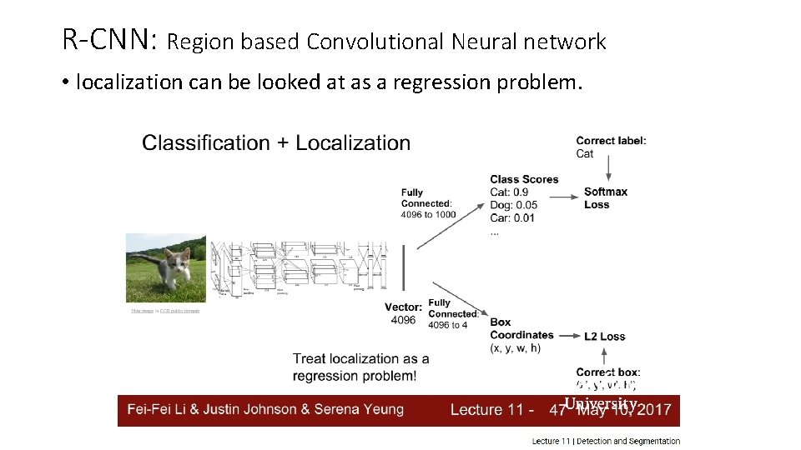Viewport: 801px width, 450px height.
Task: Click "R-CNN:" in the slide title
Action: [x=109, y=39]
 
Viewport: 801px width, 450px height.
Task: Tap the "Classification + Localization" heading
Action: [x=276, y=142]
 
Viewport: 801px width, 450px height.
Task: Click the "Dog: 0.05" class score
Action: [x=514, y=205]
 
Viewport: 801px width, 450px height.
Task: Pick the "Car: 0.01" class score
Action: [x=512, y=218]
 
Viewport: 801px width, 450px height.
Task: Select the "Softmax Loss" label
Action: [x=605, y=198]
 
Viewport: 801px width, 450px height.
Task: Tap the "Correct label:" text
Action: [x=611, y=141]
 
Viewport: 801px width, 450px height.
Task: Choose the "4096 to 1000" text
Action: [x=428, y=215]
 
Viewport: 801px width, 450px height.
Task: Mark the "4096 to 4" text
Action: [x=448, y=325]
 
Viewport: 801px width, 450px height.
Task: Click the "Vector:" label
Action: [x=403, y=307]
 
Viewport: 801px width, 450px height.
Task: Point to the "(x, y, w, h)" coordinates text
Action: [x=515, y=348]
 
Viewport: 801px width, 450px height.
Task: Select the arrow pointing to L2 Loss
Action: [x=569, y=336]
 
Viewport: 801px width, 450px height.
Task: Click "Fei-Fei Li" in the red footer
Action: [x=155, y=409]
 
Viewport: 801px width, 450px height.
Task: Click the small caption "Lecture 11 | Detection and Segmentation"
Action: [x=606, y=441]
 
